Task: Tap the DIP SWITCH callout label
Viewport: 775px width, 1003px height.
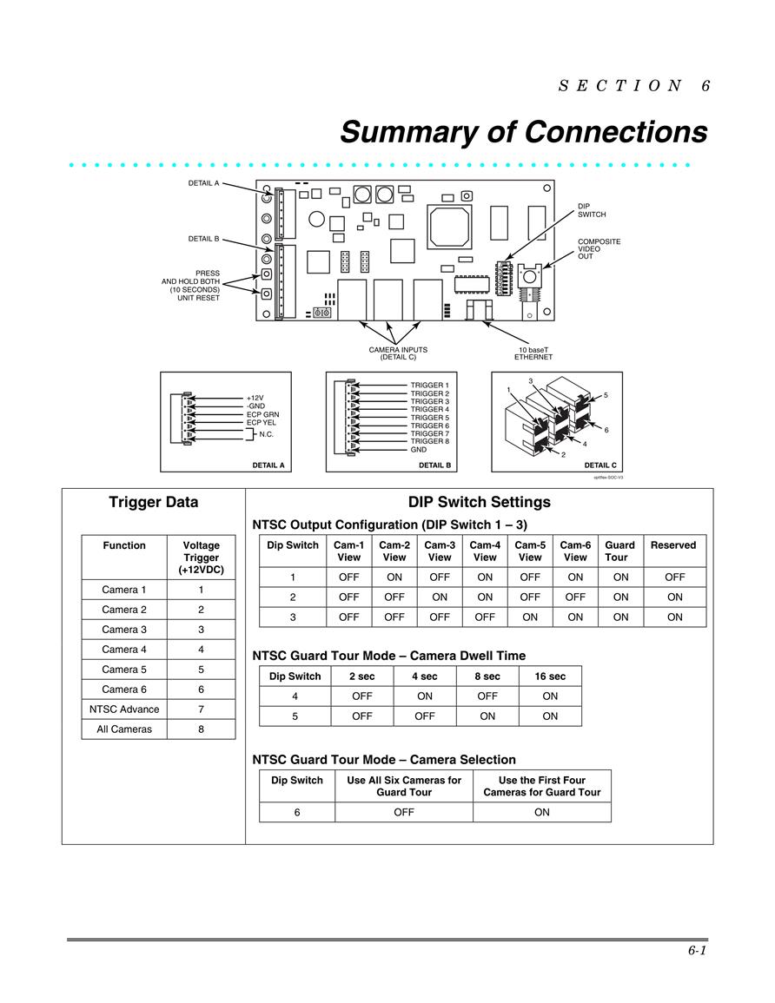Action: click(x=592, y=210)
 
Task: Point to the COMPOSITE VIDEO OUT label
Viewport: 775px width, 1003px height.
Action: click(x=599, y=249)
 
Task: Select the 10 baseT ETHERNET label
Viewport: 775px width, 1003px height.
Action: click(x=533, y=353)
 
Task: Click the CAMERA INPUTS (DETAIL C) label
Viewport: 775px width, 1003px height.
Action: click(x=398, y=353)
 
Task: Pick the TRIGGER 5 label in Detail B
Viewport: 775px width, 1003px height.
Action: click(x=430, y=418)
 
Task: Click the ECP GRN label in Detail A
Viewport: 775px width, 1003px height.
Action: click(x=262, y=414)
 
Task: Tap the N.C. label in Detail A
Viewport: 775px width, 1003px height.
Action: click(x=266, y=434)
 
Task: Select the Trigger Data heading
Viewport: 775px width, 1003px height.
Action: click(x=154, y=502)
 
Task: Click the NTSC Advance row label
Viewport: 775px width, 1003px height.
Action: click(x=124, y=709)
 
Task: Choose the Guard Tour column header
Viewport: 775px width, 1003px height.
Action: click(x=620, y=551)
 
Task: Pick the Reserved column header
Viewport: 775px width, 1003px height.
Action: click(x=673, y=545)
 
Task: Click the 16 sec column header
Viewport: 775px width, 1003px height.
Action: click(x=550, y=676)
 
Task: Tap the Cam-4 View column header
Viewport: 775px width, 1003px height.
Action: click(x=485, y=551)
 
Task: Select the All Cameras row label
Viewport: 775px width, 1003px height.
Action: click(x=124, y=729)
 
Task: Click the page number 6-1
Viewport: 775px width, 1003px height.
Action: click(x=697, y=951)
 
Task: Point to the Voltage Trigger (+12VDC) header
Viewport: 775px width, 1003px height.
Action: click(x=201, y=558)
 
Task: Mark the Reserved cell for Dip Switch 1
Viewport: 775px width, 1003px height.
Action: click(x=675, y=577)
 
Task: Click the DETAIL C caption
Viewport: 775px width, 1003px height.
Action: click(x=600, y=465)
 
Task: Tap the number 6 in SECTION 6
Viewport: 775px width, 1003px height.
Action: click(x=705, y=86)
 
